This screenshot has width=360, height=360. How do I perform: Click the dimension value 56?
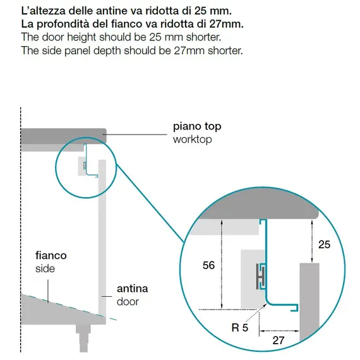(208, 265)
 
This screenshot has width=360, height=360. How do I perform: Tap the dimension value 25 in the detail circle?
(324, 244)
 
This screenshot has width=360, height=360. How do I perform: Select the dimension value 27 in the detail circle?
(279, 340)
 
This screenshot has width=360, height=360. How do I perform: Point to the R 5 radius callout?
(240, 327)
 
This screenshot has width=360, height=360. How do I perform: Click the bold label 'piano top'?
(197, 126)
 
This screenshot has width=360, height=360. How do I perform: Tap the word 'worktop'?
(193, 140)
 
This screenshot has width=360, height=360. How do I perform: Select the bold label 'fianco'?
(51, 255)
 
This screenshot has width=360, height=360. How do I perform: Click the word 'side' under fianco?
(45, 268)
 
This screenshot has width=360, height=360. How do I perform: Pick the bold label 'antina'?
(132, 289)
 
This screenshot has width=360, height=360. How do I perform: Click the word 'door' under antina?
(128, 301)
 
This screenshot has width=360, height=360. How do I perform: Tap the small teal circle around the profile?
(56, 167)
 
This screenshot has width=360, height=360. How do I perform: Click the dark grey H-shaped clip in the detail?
(260, 277)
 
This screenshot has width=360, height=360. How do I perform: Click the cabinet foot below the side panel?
(83, 338)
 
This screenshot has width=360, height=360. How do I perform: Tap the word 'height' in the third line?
(81, 37)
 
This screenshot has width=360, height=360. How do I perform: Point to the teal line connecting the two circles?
(150, 203)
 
